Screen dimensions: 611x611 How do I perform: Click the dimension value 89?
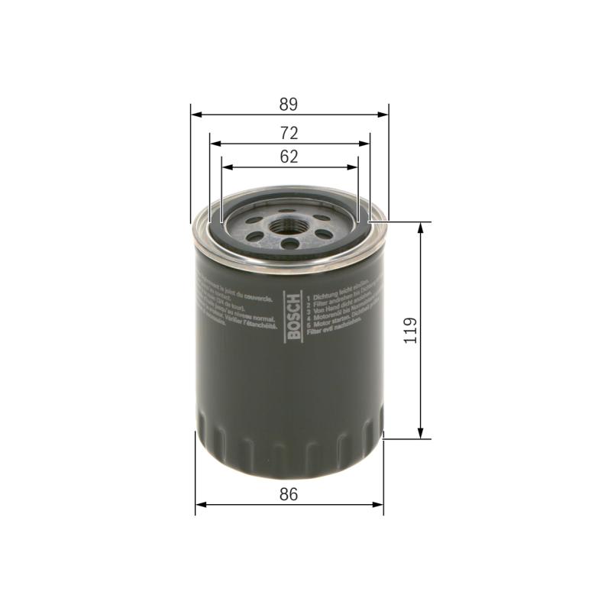(287, 104)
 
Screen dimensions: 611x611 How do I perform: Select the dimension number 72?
(287, 132)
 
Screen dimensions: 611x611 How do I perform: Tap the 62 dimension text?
(287, 157)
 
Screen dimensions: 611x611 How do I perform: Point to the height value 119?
(411, 331)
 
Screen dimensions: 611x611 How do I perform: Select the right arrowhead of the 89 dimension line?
(385, 115)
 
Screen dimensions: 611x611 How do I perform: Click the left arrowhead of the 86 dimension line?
(200, 504)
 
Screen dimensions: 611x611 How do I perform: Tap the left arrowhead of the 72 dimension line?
(214, 143)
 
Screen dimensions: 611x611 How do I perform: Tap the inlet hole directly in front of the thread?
(290, 244)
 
